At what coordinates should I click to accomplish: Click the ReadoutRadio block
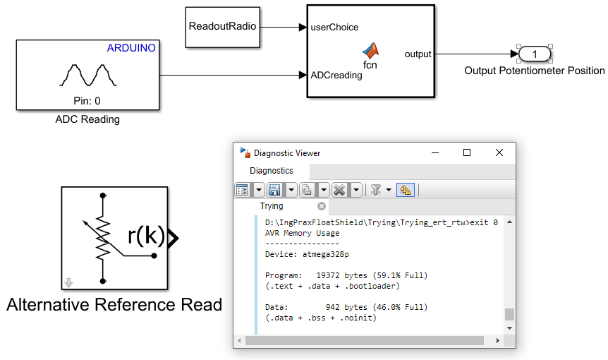point(222,27)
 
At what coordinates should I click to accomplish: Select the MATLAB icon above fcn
point(370,50)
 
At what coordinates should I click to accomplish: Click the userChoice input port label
point(334,28)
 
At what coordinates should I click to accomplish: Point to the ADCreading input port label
point(336,75)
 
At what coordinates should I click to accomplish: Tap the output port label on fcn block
point(418,54)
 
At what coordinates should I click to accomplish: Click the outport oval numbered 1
point(535,54)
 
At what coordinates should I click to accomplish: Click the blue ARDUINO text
point(131,48)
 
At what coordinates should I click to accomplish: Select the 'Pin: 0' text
point(87,101)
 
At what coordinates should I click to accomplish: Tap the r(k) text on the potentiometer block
point(146,236)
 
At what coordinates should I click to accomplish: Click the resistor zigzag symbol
point(103,238)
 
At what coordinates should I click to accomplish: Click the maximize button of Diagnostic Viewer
point(466,152)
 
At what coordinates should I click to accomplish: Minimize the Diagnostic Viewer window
point(434,152)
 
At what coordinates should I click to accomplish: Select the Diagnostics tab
point(272,171)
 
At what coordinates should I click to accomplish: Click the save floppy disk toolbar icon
point(274,189)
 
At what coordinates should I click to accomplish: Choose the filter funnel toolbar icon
point(376,189)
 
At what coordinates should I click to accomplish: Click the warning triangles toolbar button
point(406,189)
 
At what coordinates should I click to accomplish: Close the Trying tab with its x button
point(322,206)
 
